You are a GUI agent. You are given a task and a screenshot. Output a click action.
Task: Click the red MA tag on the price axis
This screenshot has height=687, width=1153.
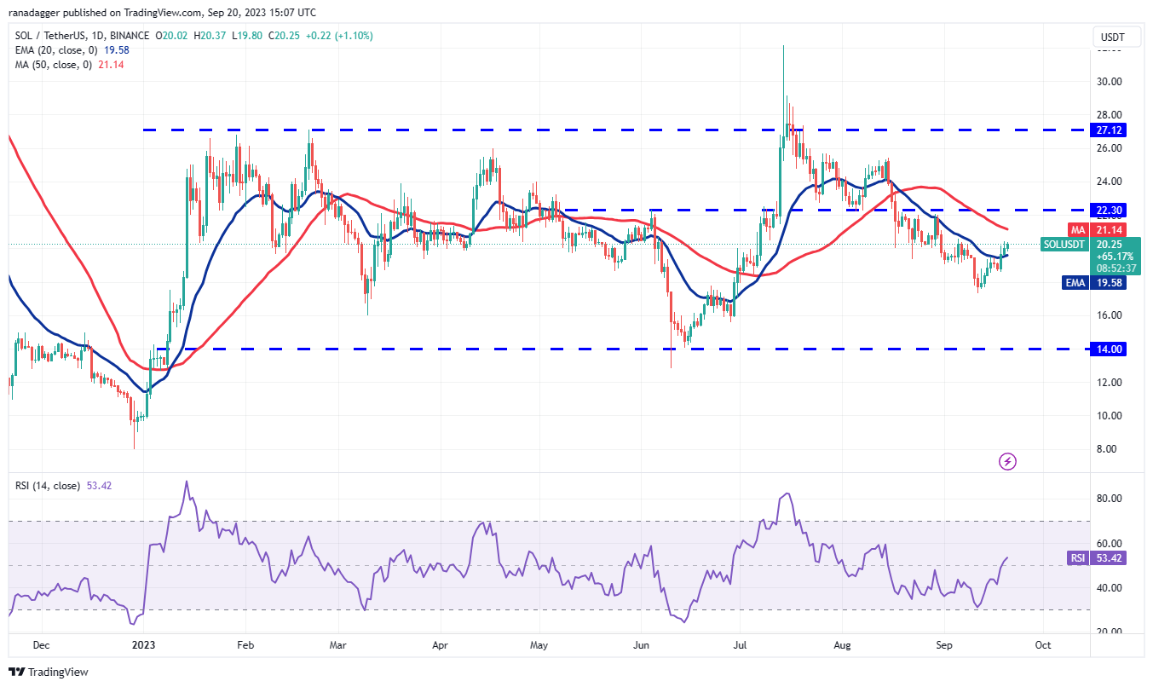(1077, 230)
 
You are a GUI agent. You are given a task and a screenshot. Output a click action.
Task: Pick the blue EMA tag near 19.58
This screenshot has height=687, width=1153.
(1075, 283)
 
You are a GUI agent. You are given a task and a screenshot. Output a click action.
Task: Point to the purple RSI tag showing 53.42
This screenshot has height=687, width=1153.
(1078, 558)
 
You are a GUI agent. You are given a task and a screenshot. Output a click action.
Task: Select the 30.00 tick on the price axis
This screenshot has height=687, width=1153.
(1108, 82)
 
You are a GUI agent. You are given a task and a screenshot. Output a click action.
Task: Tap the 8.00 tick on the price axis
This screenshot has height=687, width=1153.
(1108, 449)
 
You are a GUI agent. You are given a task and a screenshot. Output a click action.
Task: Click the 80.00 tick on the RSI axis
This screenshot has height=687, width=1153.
(1108, 499)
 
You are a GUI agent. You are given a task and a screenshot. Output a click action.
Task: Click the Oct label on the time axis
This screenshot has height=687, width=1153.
(1042, 645)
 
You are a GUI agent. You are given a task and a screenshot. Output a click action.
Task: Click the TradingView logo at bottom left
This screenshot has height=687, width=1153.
(49, 673)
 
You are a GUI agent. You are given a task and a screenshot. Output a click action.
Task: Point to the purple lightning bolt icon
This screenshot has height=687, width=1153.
(1007, 461)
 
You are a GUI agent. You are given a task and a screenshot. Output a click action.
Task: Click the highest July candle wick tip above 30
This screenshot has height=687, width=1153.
(782, 46)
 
